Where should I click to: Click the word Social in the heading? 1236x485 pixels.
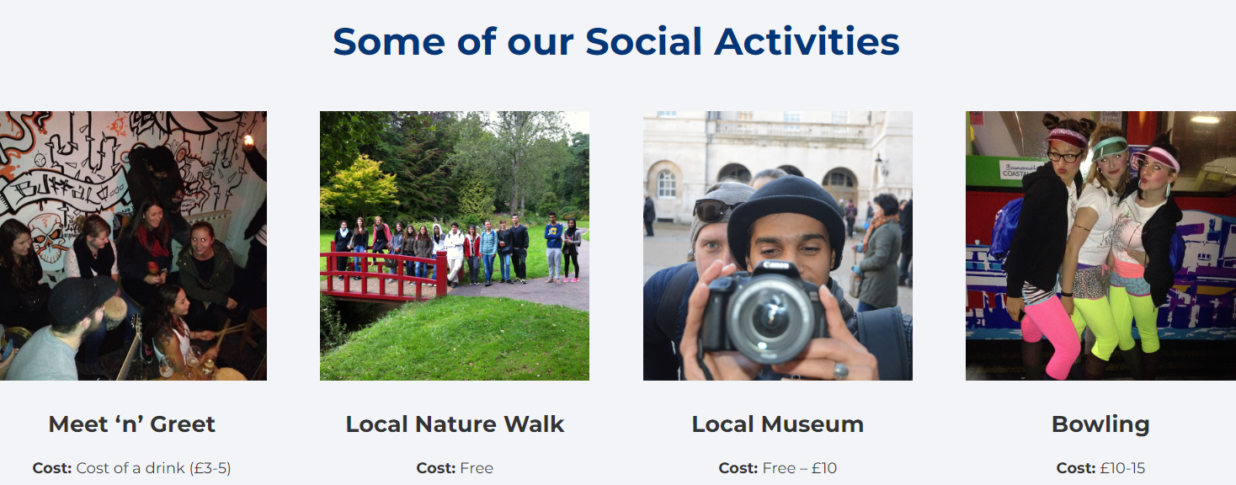point(643,42)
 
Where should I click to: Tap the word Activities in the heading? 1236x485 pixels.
point(807,42)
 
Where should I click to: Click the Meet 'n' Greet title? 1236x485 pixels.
point(132,424)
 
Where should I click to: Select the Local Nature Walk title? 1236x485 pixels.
point(455,424)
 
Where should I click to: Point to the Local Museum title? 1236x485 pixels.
point(777,424)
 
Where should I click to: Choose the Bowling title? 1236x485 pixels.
point(1100,424)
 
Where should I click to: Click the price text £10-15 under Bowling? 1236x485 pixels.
point(1122,468)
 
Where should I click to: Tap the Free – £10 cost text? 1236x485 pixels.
point(800,468)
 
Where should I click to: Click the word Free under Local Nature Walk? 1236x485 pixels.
point(477,468)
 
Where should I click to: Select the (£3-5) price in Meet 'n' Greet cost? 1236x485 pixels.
point(210,468)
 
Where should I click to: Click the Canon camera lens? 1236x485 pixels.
point(769,317)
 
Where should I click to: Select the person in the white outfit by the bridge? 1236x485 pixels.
point(454,253)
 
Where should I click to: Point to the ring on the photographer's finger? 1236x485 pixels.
point(840,370)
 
